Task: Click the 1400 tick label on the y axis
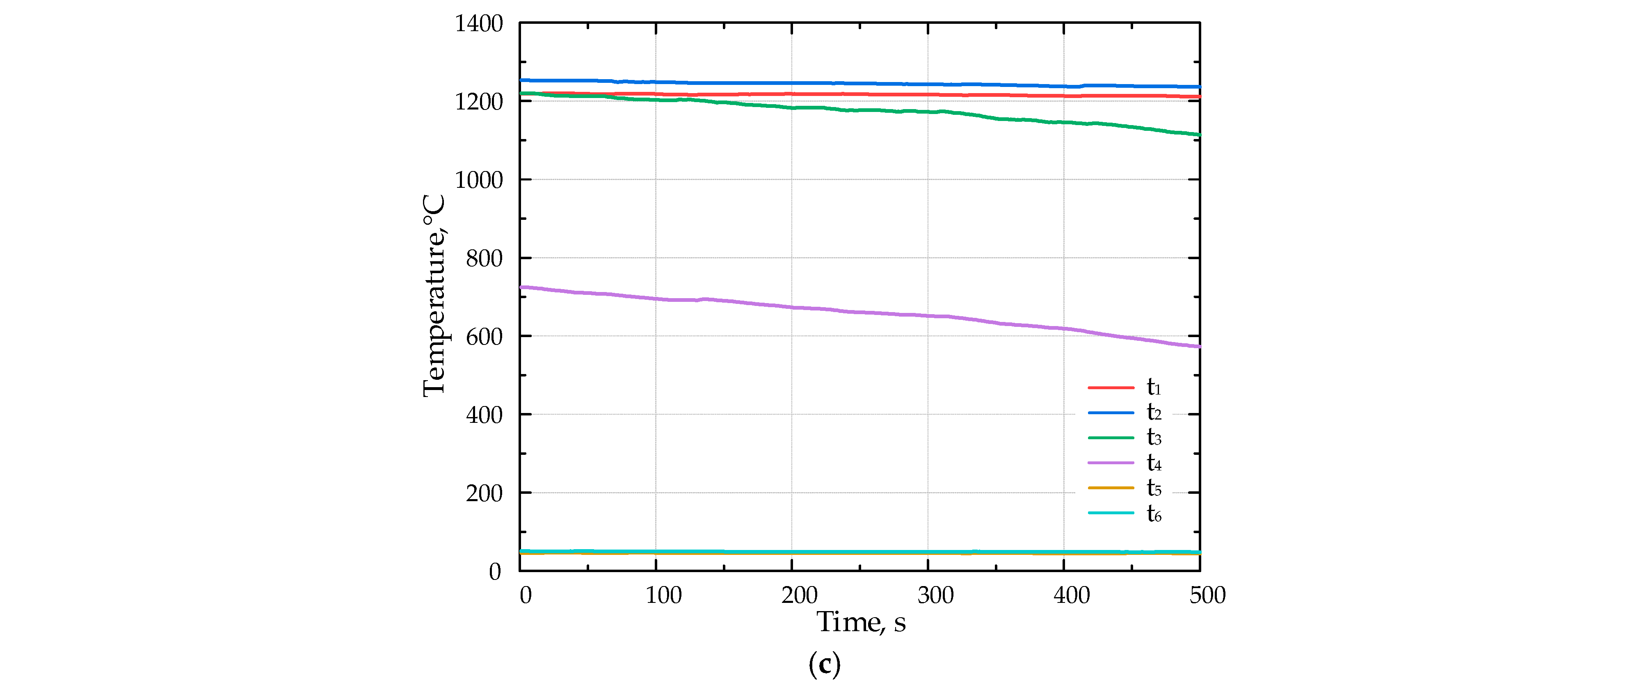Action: [478, 24]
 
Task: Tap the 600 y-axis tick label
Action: [484, 337]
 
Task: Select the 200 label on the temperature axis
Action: [484, 494]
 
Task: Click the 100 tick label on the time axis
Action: [663, 595]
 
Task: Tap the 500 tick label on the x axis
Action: [1207, 595]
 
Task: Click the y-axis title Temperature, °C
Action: [434, 296]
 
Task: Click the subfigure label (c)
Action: [824, 665]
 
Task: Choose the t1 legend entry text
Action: [1154, 387]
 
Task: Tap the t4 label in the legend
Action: [1154, 463]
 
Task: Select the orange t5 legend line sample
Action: [1111, 488]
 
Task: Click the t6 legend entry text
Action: [1154, 513]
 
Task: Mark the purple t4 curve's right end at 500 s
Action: [1199, 347]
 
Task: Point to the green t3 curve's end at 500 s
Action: [1199, 135]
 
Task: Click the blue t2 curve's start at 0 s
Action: [521, 80]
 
